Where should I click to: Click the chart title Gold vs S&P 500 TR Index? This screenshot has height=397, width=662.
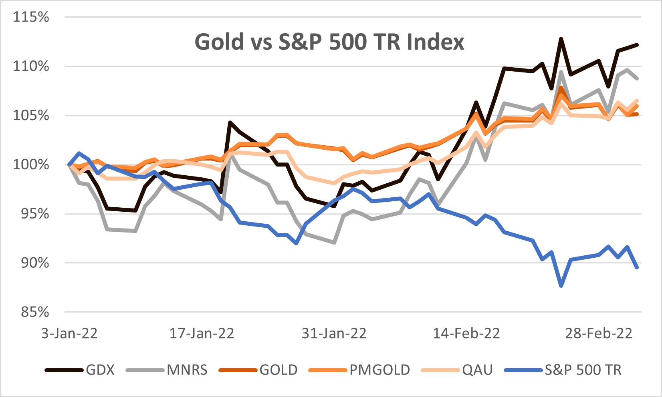329,42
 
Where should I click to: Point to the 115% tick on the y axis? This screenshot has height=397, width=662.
31,17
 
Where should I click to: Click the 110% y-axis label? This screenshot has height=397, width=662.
31,66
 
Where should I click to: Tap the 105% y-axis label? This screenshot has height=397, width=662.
31,116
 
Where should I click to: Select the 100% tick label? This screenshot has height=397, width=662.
31,164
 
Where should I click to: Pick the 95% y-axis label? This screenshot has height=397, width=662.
31,214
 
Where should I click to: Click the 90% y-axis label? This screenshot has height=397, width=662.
31,263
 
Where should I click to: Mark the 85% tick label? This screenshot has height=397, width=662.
31,312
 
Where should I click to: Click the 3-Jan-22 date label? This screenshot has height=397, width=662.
69,333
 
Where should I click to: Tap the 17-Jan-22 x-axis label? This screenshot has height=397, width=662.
202,333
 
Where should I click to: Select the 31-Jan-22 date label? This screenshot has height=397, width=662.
334,333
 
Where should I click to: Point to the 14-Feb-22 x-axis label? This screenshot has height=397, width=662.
466,333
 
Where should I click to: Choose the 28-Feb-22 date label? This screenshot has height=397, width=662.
598,333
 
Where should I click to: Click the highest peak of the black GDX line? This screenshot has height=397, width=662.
561,39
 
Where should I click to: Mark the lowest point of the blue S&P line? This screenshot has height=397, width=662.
561,286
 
